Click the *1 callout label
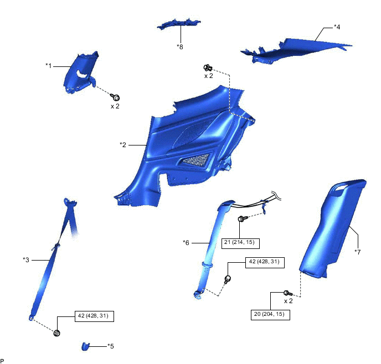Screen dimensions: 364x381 tap(49, 65)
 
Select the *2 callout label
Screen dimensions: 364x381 tap(123, 145)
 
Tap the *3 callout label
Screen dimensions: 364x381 tap(26, 259)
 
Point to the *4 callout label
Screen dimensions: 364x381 tap(337, 27)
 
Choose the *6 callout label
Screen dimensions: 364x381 tap(187, 242)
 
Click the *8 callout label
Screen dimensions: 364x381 tap(180, 46)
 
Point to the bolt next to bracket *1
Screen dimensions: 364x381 tap(116, 97)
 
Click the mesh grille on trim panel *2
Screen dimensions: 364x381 tap(197, 161)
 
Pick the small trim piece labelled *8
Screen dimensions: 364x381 tap(179, 24)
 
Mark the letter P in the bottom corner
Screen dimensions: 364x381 tap(3, 360)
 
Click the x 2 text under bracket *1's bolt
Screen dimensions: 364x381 tap(115, 106)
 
